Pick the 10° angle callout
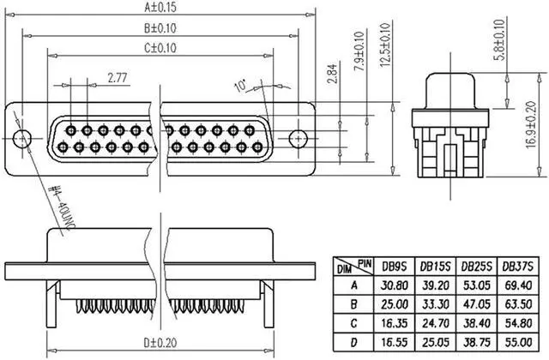pos(241,86)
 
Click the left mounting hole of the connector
pos(24,136)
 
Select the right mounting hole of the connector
pos(298,136)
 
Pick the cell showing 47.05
pos(475,303)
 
